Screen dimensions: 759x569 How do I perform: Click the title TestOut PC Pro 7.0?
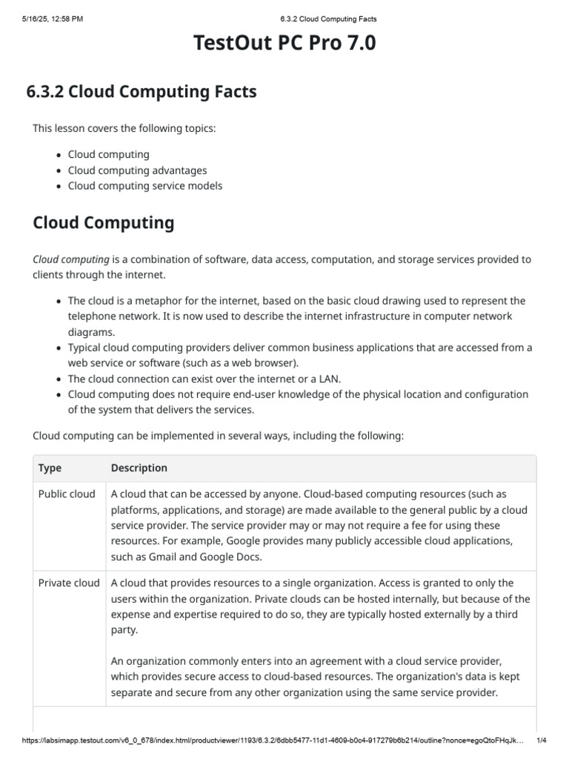pos(284,44)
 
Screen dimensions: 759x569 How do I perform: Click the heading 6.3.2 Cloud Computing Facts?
pos(142,92)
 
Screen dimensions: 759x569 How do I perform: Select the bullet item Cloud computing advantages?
pos(137,170)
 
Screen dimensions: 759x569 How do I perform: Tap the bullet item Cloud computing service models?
pos(144,186)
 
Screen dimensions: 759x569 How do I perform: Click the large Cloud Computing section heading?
pos(104,222)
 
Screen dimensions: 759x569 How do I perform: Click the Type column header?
pos(50,468)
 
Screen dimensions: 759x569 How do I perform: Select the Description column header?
pos(139,468)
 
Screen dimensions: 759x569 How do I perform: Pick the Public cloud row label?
pos(67,494)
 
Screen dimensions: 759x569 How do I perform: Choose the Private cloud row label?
pos(69,583)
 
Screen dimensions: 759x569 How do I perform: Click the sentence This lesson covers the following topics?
pos(124,128)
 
